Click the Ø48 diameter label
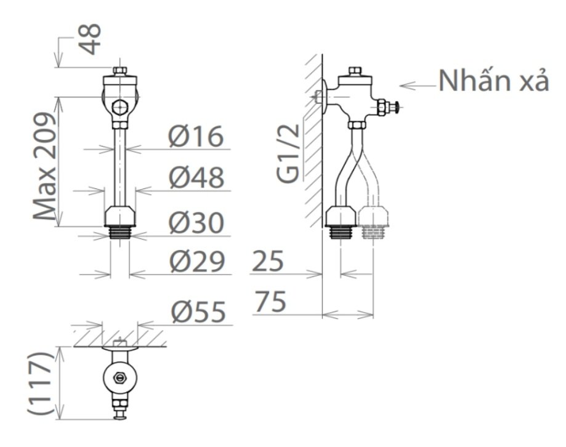(196, 179)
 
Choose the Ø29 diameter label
(196, 263)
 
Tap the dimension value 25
(267, 263)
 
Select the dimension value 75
(270, 303)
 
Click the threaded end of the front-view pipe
(121, 233)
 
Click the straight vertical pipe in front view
(121, 166)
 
